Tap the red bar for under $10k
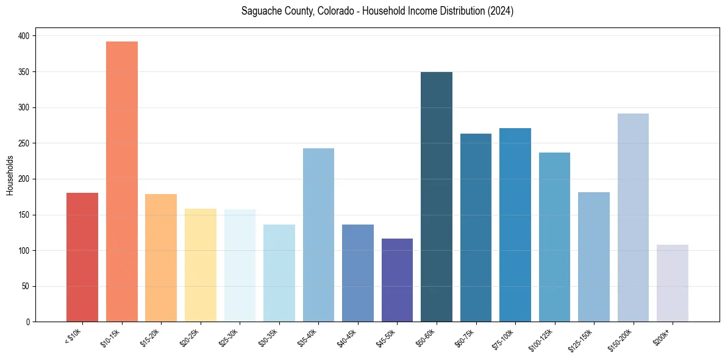tap(82, 257)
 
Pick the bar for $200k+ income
tap(673, 283)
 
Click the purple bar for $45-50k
tap(397, 280)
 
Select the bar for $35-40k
tap(318, 235)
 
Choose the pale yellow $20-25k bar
tap(201, 265)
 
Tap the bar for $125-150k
tap(594, 257)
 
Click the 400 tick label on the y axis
tap(24, 36)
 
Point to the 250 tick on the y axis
tap(24, 143)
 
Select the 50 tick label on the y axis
tap(26, 286)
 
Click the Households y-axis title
tap(10, 175)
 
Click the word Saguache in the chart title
tap(260, 12)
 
